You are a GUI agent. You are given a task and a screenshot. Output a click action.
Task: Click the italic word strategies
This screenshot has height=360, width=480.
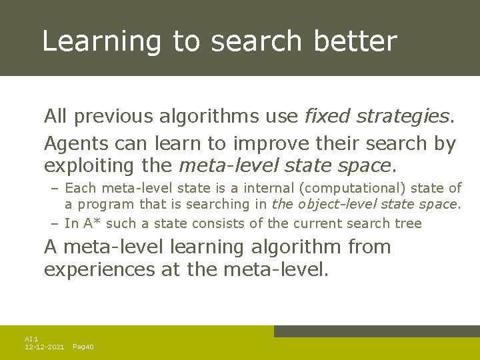[405, 117]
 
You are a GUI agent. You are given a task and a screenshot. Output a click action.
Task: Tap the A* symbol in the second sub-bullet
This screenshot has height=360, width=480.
[89, 223]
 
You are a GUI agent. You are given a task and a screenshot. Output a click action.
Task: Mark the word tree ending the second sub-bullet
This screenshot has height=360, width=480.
[408, 223]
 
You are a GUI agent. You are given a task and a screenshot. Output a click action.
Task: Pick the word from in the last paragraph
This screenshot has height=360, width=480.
[368, 247]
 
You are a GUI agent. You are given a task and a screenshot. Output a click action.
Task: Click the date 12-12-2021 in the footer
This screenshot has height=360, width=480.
[44, 347]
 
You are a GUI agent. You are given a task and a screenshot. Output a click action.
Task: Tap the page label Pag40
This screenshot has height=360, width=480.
[83, 347]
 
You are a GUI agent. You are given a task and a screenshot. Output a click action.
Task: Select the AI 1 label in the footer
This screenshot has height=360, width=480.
[31, 339]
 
